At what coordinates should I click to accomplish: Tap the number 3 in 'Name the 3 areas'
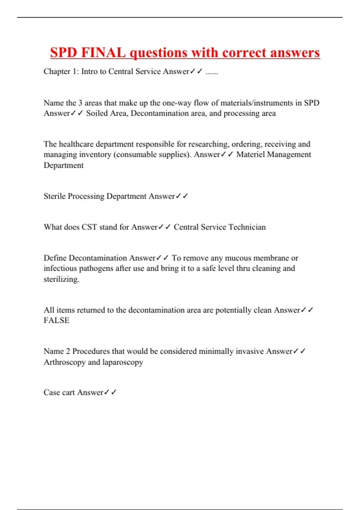(80, 103)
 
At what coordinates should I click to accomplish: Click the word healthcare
(76, 144)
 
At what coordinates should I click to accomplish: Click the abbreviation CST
(89, 227)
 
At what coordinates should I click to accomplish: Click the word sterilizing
(61, 279)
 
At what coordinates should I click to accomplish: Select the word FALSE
(56, 320)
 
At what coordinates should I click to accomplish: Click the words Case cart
(59, 392)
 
